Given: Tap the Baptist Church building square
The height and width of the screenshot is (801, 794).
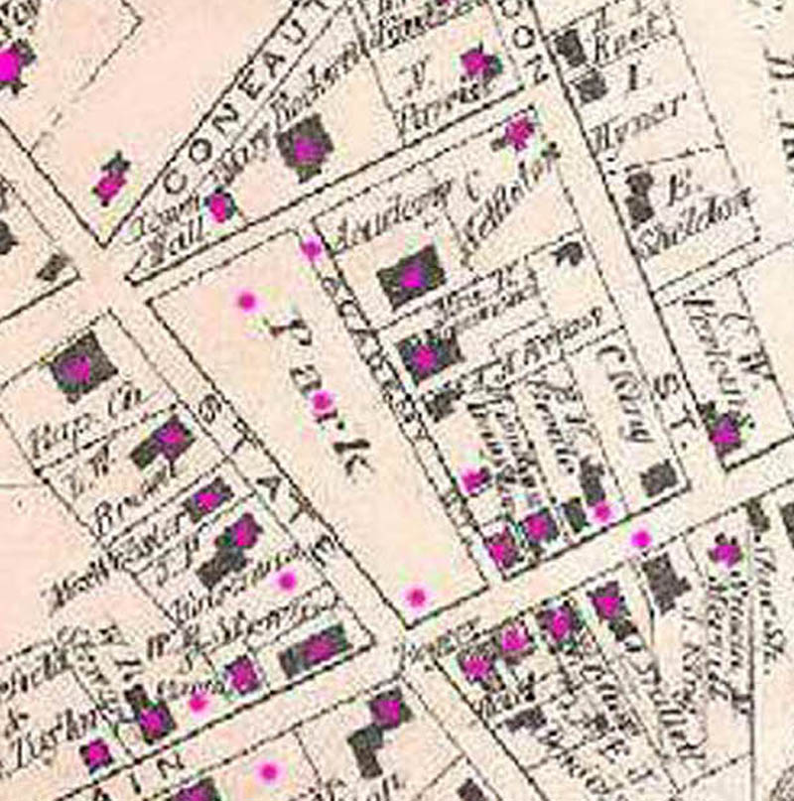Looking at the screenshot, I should point(78,367).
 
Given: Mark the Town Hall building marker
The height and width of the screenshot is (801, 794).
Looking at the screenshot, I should point(219,206).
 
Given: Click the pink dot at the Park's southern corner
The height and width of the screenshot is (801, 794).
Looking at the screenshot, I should point(416,597).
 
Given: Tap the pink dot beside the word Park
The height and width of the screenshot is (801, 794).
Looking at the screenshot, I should point(322,401).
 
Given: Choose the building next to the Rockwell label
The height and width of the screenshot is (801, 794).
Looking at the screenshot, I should point(308,148).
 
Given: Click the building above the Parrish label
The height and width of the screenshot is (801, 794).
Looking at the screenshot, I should point(477,64).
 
